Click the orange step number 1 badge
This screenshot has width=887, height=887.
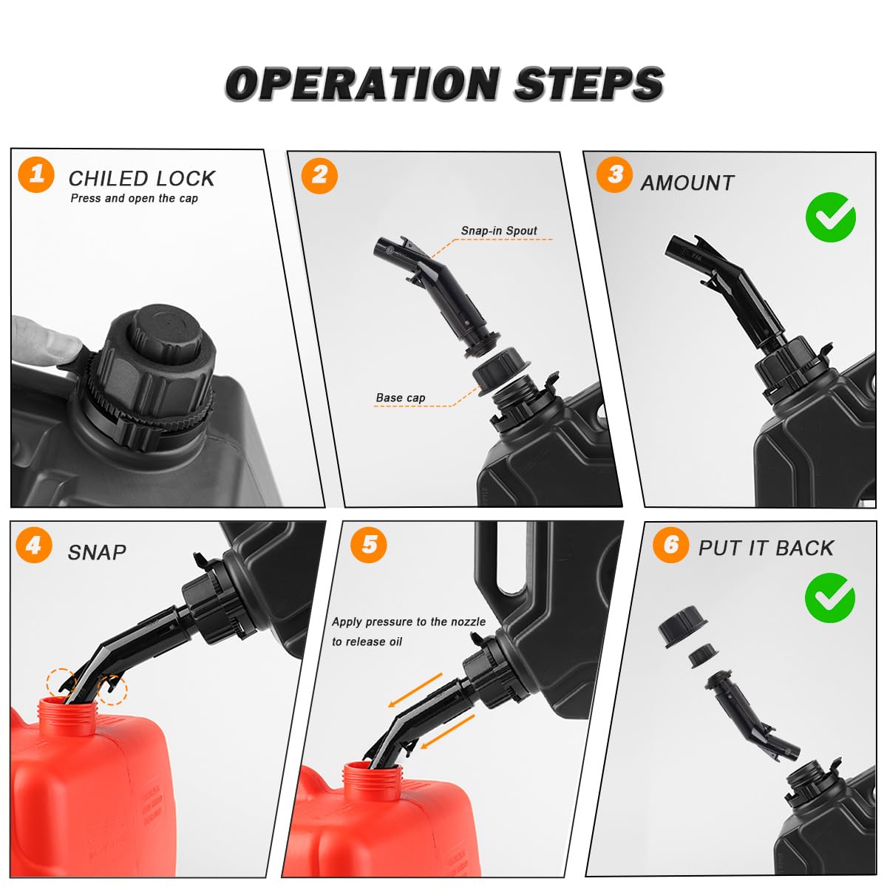point(36,174)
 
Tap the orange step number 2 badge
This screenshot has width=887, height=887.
point(319,176)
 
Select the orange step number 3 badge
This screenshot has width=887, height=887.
point(614,174)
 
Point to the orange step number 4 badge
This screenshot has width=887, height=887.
point(33,545)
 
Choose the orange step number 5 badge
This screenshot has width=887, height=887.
point(368,545)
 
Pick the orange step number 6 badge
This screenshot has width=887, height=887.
point(670,545)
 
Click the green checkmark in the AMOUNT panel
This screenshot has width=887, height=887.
point(830,217)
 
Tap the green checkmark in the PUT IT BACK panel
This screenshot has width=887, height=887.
point(829,597)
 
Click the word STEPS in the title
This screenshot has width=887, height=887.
point(588,84)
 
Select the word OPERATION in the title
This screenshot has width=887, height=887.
point(362,84)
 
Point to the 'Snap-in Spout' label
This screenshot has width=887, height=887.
point(499,231)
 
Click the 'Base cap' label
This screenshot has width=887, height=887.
point(401,398)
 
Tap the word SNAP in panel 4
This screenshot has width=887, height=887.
point(97,552)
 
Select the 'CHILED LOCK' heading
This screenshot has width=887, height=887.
point(142,179)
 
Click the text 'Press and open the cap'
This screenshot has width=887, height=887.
point(134,198)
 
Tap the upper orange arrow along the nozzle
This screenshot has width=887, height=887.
point(415,690)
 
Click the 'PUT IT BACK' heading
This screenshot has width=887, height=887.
point(766,548)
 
